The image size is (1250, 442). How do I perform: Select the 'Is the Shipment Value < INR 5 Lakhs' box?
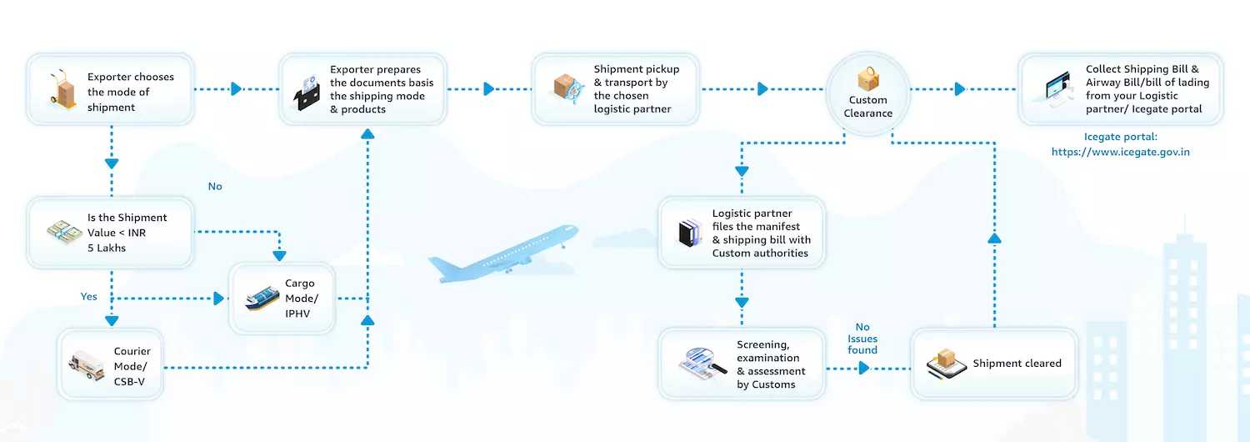click(111, 233)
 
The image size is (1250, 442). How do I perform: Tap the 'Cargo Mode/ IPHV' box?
click(283, 299)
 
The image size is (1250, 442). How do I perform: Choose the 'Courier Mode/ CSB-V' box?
click(111, 364)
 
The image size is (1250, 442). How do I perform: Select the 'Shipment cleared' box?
click(994, 364)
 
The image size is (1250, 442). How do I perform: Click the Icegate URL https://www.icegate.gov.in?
click(1120, 152)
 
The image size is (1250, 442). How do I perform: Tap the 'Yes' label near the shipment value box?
click(88, 297)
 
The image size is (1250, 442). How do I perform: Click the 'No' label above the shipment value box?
click(215, 187)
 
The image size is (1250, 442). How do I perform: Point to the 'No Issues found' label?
click(862, 339)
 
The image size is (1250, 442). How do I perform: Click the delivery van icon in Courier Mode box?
click(85, 364)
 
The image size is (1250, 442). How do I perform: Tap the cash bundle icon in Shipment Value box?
click(65, 233)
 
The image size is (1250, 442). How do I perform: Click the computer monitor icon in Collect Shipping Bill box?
click(1057, 89)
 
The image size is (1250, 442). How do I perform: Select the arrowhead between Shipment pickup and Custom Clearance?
click(762, 89)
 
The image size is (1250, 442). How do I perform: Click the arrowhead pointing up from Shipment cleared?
click(994, 239)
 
